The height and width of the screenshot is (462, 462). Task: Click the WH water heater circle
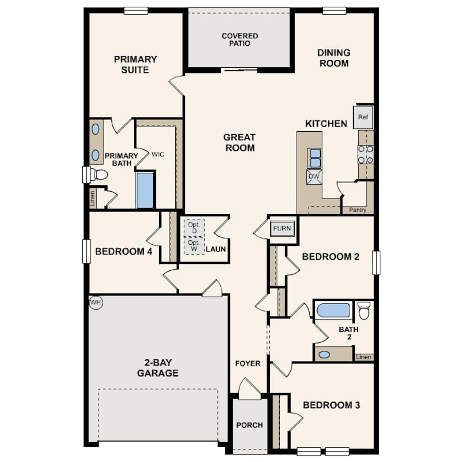(96, 303)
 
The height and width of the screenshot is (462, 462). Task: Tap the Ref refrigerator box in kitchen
(363, 117)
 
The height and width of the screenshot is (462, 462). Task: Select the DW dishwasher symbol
(314, 177)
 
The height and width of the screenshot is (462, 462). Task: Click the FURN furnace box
(282, 228)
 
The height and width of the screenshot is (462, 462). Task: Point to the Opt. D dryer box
(194, 228)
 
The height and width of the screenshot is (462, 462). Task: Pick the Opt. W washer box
(194, 246)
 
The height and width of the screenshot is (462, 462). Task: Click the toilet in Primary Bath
(99, 175)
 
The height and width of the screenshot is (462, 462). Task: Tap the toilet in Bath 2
(364, 310)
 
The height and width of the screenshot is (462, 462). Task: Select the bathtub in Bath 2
(334, 310)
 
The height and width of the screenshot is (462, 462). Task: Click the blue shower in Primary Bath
(145, 191)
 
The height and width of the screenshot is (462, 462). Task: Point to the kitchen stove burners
(366, 155)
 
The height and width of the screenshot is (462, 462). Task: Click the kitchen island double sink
(314, 158)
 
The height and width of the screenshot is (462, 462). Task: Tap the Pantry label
(358, 210)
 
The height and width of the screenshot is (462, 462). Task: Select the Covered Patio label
(240, 40)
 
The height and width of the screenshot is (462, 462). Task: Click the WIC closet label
(158, 155)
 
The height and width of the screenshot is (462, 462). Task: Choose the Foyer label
(248, 363)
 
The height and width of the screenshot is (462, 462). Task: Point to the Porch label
(250, 425)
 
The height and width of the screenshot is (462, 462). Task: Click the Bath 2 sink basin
(324, 355)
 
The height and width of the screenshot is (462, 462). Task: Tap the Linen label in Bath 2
(363, 357)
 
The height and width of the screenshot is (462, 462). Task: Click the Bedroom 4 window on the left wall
(86, 252)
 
